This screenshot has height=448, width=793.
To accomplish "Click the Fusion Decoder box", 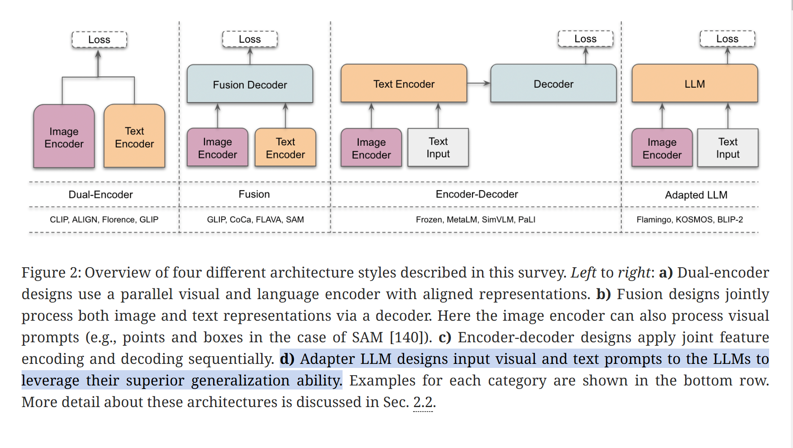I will pyautogui.click(x=250, y=84).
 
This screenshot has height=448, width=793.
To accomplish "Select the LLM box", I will pyautogui.click(x=695, y=84).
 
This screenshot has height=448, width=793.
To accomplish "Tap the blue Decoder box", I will pyautogui.click(x=553, y=84).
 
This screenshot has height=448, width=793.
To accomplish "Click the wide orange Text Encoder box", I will pyautogui.click(x=404, y=84).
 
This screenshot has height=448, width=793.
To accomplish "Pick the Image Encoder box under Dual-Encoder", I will pyautogui.click(x=64, y=137).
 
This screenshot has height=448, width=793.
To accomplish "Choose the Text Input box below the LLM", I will pyautogui.click(x=727, y=148).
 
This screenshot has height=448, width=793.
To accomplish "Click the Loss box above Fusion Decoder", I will pyautogui.click(x=250, y=40).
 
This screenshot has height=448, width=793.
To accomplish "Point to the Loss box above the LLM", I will pyautogui.click(x=727, y=39).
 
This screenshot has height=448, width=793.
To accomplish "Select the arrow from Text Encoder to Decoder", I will pyautogui.click(x=479, y=83).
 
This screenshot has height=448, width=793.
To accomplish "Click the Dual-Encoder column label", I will pyautogui.click(x=101, y=195).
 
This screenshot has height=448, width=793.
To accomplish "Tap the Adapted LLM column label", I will pyautogui.click(x=696, y=195).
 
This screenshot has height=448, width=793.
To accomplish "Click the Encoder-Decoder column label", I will pyautogui.click(x=477, y=194).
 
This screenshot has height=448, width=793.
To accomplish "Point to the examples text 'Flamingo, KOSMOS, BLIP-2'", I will pyautogui.click(x=690, y=220).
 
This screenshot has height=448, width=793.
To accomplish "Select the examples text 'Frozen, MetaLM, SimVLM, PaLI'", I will pyautogui.click(x=475, y=220).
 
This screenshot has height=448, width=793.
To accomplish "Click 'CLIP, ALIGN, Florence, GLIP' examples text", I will pyautogui.click(x=104, y=220).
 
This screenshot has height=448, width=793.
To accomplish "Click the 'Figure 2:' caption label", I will pyautogui.click(x=51, y=273).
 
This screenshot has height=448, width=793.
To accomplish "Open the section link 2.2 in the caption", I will pyautogui.click(x=423, y=402).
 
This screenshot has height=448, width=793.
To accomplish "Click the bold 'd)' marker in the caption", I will pyautogui.click(x=287, y=359).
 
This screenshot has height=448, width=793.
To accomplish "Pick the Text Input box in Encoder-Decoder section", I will pyautogui.click(x=438, y=148).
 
